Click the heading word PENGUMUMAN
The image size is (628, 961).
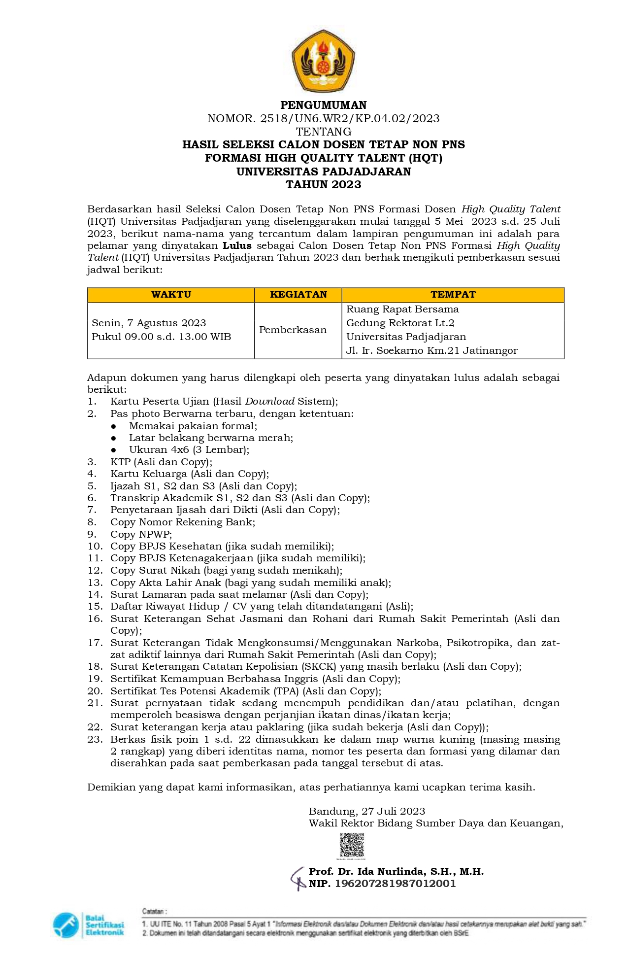[x=323, y=105]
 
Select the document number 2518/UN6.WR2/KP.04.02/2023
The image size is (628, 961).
[x=350, y=118]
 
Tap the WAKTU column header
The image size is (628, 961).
[x=171, y=295]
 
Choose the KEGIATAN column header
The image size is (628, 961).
[x=298, y=295]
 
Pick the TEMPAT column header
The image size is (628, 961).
[x=453, y=295]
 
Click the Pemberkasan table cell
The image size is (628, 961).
[x=293, y=330]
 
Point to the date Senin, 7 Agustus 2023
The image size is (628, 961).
[x=149, y=323]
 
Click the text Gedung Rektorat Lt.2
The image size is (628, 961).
[x=400, y=323]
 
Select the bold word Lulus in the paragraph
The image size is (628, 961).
[x=237, y=245]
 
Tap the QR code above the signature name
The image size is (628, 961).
[x=352, y=845]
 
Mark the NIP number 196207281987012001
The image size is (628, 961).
[x=396, y=884]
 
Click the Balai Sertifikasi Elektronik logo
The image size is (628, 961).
[x=89, y=925]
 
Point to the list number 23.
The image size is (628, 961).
[x=95, y=739]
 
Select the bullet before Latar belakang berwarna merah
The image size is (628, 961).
[x=114, y=438]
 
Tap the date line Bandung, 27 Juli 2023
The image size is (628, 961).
[x=366, y=811]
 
